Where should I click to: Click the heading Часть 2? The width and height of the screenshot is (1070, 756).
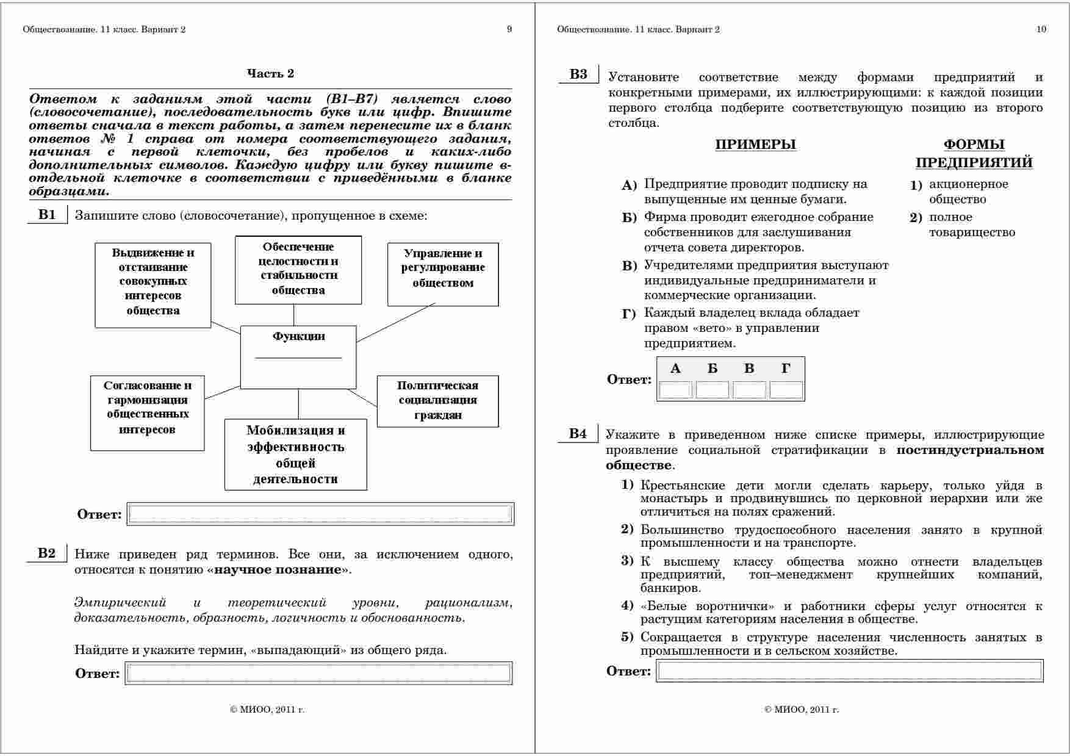pyautogui.click(x=270, y=74)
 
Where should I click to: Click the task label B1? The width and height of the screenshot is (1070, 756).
pyautogui.click(x=47, y=214)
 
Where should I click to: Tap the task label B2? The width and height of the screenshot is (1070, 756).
pyautogui.click(x=47, y=553)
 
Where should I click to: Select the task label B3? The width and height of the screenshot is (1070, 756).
pyautogui.click(x=578, y=74)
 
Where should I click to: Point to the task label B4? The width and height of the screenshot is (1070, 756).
pyautogui.click(x=578, y=434)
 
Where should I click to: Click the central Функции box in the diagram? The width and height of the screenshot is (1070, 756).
pyautogui.click(x=298, y=357)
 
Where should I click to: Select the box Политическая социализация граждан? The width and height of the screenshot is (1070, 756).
pyautogui.click(x=437, y=401)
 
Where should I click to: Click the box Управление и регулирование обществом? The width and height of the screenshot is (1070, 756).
pyautogui.click(x=443, y=274)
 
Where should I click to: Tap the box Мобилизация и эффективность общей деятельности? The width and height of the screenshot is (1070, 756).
pyautogui.click(x=296, y=455)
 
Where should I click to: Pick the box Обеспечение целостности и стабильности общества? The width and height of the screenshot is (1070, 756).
pyautogui.click(x=298, y=269)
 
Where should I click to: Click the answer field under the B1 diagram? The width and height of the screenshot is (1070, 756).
pyautogui.click(x=320, y=514)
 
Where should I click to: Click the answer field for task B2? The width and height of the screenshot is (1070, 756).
pyautogui.click(x=318, y=673)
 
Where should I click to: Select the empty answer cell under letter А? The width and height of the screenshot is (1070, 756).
pyautogui.click(x=675, y=390)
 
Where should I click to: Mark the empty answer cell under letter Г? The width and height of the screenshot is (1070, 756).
pyautogui.click(x=786, y=390)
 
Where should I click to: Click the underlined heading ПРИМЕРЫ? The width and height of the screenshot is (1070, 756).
pyautogui.click(x=755, y=145)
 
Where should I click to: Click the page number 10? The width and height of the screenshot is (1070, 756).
pyautogui.click(x=1041, y=29)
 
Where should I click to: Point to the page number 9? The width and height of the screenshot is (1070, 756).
pyautogui.click(x=509, y=29)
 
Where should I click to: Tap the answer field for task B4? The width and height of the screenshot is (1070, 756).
pyautogui.click(x=850, y=671)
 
